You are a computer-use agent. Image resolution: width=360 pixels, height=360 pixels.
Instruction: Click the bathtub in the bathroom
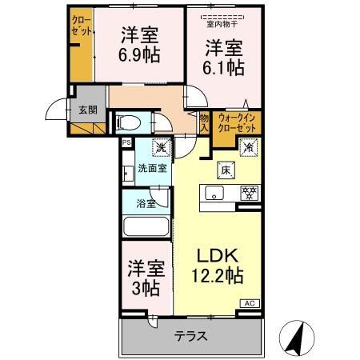146,226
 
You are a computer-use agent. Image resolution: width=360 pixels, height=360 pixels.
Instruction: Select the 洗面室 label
152,168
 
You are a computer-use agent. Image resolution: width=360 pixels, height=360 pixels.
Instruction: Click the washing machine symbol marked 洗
160,148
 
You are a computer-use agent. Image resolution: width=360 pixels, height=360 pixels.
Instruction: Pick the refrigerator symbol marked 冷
247,148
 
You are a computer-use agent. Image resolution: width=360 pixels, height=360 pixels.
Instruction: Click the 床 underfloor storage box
225,169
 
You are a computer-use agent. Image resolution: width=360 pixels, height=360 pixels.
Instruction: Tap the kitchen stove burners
249,193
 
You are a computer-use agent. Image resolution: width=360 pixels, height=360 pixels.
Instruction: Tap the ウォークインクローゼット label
237,122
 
